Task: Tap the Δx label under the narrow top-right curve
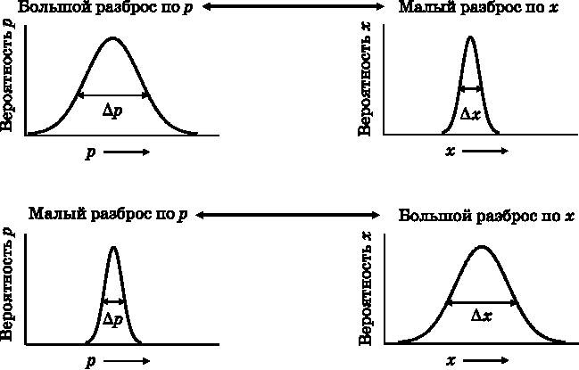point(470,114)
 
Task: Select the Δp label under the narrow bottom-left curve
point(112,319)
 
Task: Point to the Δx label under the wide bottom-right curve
point(481,315)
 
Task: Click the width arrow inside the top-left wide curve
point(113,95)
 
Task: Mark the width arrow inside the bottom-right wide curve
point(481,301)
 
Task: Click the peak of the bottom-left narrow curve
point(112,247)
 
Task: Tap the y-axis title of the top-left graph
point(8,80)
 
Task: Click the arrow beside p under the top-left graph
point(127,152)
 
